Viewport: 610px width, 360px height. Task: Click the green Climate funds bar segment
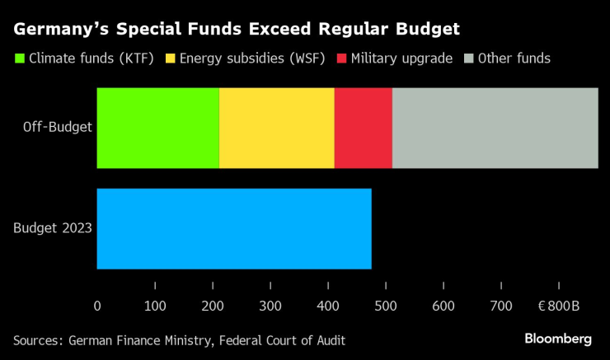[157, 128]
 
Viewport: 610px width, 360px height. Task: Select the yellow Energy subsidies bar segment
[277, 128]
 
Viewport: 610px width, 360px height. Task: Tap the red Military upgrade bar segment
[363, 128]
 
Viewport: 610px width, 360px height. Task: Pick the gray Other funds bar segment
[495, 128]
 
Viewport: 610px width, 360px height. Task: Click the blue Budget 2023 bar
[234, 228]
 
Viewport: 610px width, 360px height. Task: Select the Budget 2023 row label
[53, 228]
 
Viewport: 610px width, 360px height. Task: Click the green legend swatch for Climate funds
[19, 58]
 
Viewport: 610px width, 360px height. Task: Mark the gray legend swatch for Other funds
[470, 58]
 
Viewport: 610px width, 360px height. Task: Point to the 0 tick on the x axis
[97, 306]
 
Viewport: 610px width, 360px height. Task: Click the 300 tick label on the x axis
[270, 306]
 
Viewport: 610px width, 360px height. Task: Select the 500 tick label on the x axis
[386, 306]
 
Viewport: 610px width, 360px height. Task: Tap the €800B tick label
[558, 306]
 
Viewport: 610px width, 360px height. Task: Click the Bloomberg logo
[558, 339]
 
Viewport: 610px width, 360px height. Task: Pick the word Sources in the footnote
[38, 339]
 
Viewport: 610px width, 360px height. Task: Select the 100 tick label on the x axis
[155, 306]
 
